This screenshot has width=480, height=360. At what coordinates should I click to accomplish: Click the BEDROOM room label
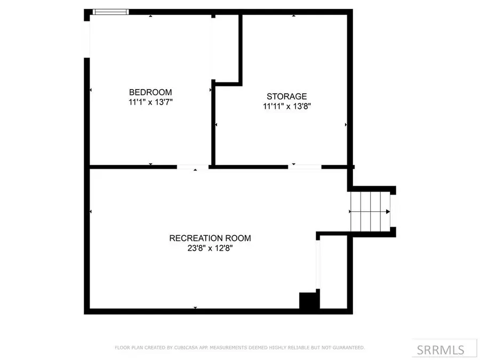tap(150, 92)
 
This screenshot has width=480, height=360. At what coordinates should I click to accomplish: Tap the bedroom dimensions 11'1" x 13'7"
tap(150, 102)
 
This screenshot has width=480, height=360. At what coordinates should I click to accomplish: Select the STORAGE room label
tap(286, 97)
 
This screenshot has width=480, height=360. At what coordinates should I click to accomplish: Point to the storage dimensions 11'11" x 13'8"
tap(287, 106)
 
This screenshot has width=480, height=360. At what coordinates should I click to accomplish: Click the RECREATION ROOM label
tap(210, 238)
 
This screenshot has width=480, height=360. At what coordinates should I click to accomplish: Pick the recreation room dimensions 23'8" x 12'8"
tap(210, 248)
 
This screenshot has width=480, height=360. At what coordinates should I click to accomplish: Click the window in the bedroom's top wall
tap(110, 12)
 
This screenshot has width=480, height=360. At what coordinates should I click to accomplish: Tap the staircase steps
tap(371, 212)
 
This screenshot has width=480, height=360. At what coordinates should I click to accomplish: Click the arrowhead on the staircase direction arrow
tap(388, 212)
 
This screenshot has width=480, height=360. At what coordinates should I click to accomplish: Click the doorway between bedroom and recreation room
tap(193, 167)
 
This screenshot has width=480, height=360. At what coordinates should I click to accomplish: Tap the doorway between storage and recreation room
tap(305, 167)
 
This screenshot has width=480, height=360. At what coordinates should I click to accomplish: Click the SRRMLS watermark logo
tap(441, 349)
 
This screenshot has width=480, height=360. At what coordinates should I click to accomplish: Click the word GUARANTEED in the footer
tap(349, 347)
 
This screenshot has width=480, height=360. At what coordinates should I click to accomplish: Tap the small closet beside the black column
tap(334, 272)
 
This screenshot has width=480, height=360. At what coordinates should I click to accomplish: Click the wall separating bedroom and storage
tap(213, 123)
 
